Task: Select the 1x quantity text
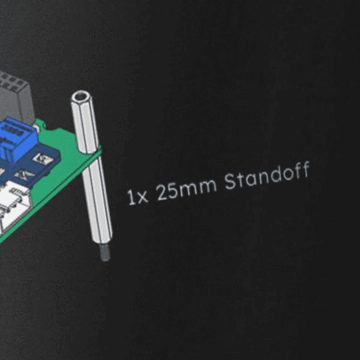(137, 197)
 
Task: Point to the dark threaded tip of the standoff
(105, 252)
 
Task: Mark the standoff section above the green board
(85, 122)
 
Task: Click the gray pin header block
(15, 97)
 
